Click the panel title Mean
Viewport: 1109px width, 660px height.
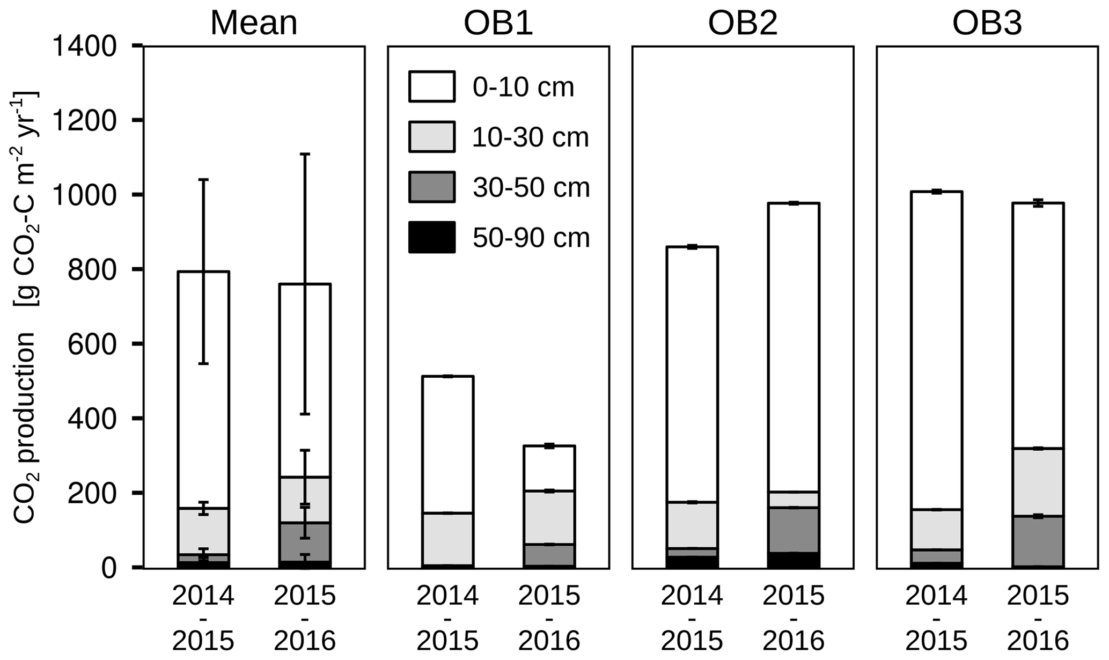click(x=253, y=24)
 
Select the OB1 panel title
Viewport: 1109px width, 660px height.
click(x=498, y=24)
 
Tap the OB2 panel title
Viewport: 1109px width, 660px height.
click(x=743, y=24)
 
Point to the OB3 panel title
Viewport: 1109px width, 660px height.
click(x=987, y=24)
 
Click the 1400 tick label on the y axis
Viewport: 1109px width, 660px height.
click(x=84, y=47)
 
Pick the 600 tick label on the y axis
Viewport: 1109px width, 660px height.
click(x=92, y=344)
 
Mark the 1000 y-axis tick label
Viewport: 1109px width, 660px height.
click(x=84, y=195)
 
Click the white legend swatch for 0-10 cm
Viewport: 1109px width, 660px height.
click(x=431, y=86)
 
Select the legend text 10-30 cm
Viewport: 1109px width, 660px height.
click(x=531, y=137)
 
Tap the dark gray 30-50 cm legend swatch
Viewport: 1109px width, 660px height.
click(x=431, y=187)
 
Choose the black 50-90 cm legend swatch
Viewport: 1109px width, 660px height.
click(x=431, y=237)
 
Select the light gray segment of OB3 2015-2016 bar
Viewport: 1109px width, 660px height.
click(x=1038, y=482)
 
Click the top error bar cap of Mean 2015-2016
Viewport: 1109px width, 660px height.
click(x=305, y=155)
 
